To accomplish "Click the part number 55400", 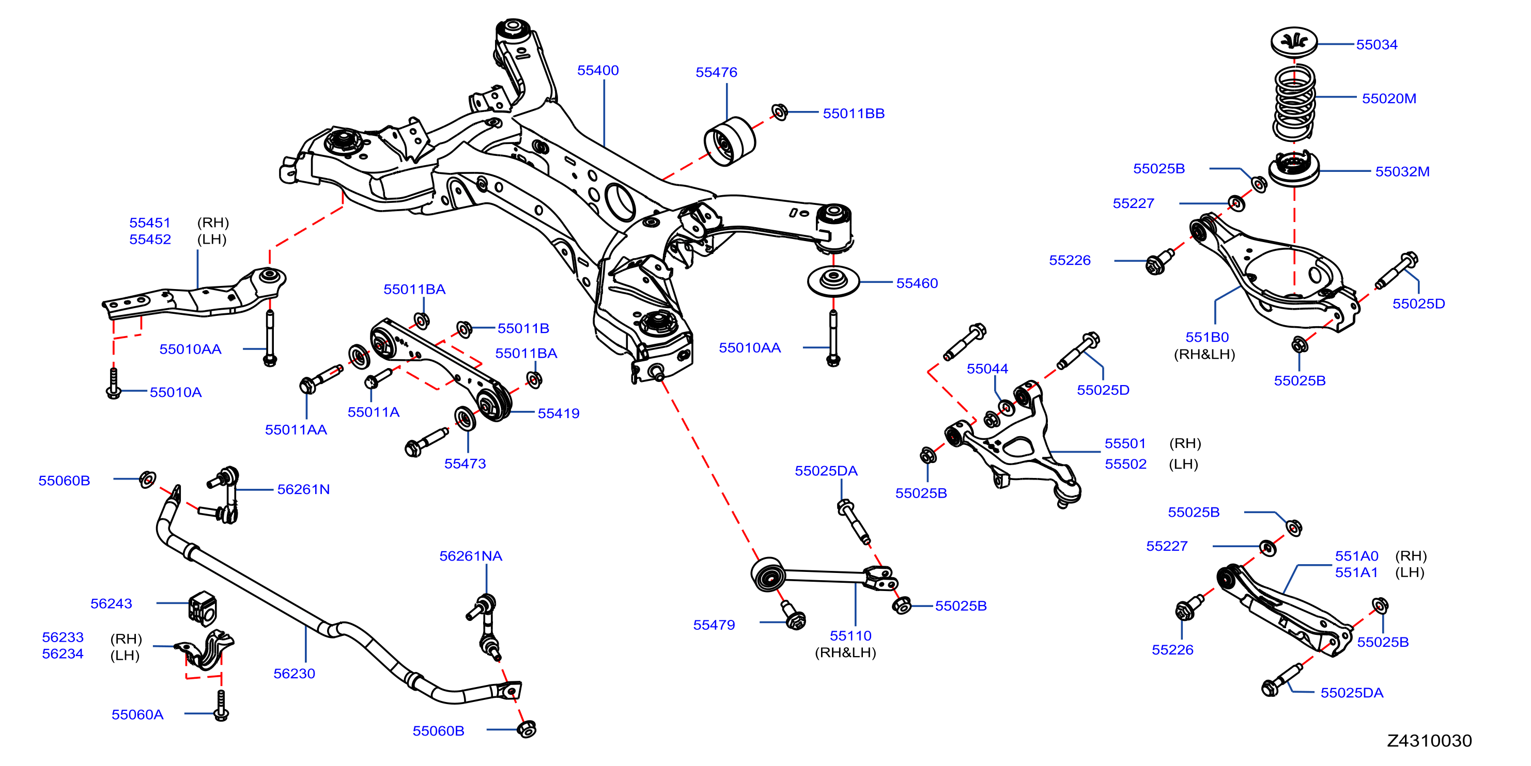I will click(597, 70).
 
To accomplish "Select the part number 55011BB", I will click(853, 114).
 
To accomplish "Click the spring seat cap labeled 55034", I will click(1293, 42).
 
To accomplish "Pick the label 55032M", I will click(1401, 171).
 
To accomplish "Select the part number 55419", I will click(558, 413).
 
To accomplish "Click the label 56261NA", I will click(470, 556).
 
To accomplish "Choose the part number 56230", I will click(293, 674).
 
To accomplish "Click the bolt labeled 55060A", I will click(221, 706).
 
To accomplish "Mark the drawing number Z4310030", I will click(1429, 741).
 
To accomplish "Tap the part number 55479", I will click(713, 625).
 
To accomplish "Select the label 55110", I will click(850, 635).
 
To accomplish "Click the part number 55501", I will click(1124, 443).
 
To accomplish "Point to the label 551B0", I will click(1207, 337).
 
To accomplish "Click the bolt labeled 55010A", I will click(114, 384).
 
